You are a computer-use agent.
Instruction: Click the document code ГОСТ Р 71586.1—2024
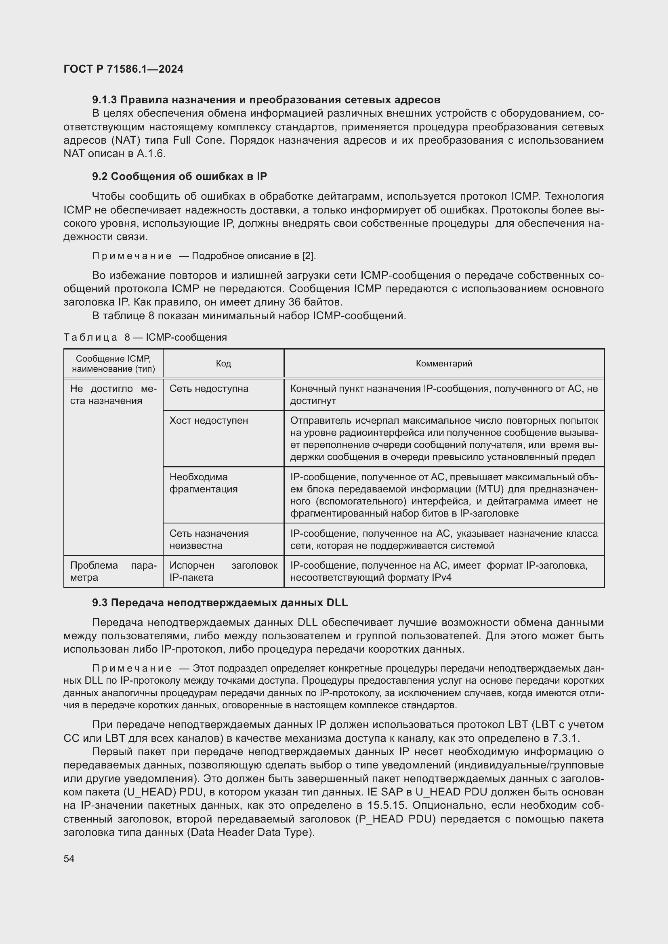[x=124, y=69]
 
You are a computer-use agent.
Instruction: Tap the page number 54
[x=69, y=858]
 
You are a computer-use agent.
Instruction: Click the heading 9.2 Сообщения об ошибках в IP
[x=179, y=176]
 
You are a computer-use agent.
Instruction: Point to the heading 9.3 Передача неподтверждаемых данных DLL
[x=220, y=603]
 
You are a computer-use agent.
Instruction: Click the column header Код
[x=223, y=364]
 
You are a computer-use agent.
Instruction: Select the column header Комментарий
[x=444, y=364]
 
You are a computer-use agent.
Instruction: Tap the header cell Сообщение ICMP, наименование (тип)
[x=113, y=364]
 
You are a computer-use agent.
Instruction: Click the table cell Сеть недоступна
[x=209, y=389]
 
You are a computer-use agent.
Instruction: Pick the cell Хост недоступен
[x=208, y=421]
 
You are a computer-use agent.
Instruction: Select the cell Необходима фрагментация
[x=204, y=483]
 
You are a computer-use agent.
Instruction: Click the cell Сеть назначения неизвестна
[x=209, y=540]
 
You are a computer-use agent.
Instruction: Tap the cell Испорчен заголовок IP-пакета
[x=223, y=571]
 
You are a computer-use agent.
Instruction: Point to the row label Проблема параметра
[x=113, y=571]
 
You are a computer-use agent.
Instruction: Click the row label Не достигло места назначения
[x=113, y=395]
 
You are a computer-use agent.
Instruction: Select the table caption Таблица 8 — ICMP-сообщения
[x=145, y=337]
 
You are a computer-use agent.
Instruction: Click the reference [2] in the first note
[x=308, y=256]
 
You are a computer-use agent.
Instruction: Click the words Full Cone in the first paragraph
[x=197, y=140]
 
